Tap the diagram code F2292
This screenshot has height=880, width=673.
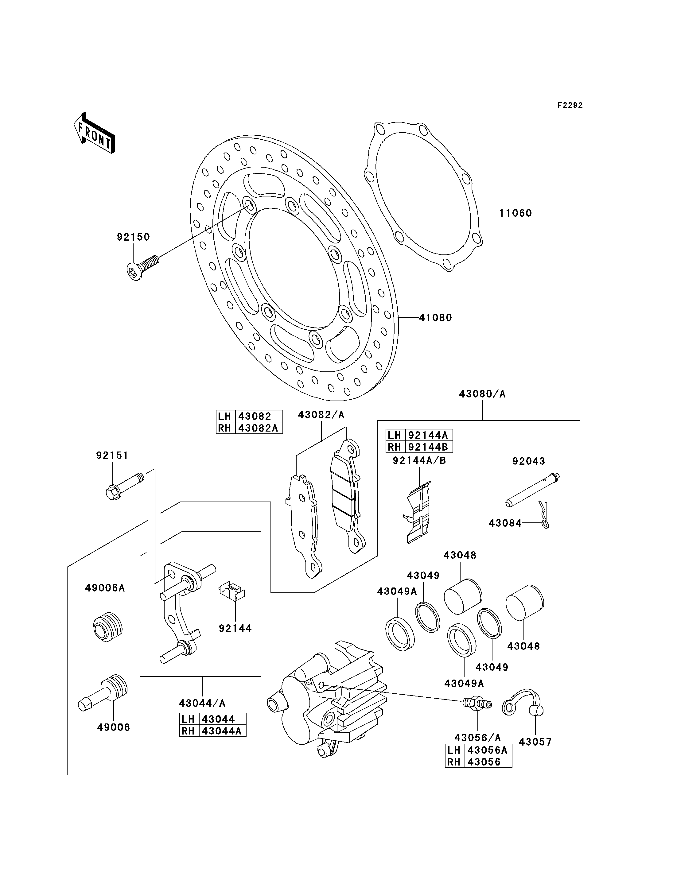tap(570, 105)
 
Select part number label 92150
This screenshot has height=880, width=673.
tap(133, 237)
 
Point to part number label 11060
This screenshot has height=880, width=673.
tap(515, 213)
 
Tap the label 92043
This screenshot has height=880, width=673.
tap(529, 461)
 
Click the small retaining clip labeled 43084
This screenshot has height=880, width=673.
tap(543, 515)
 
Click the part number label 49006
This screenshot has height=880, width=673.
tap(114, 727)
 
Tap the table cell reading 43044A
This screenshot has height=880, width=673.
tap(222, 731)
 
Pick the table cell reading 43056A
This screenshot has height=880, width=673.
tap(488, 750)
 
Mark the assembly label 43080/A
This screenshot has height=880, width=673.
tap(482, 394)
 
